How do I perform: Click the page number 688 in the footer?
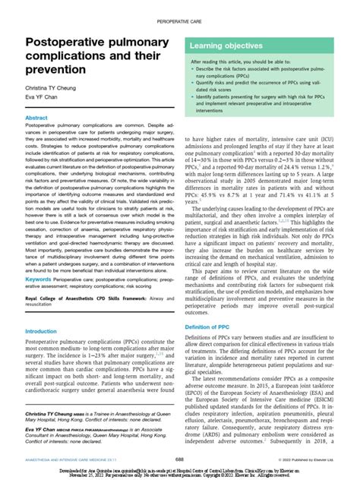[x=179, y=459]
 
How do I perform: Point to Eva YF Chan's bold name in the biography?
[x=45, y=428]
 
